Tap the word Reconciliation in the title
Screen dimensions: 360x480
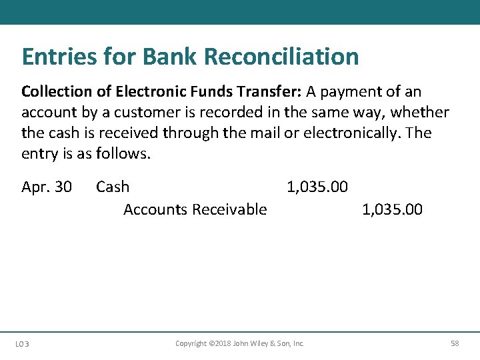click(x=281, y=57)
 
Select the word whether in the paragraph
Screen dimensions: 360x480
click(x=419, y=112)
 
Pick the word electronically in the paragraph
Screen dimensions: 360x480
click(x=351, y=133)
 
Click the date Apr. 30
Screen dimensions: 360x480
click(x=47, y=187)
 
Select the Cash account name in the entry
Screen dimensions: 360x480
click(x=113, y=187)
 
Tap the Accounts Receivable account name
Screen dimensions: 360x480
click(x=195, y=209)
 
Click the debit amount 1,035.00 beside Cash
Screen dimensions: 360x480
click(x=317, y=187)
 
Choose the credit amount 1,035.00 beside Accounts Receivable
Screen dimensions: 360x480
click(x=392, y=209)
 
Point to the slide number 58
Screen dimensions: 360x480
click(x=455, y=343)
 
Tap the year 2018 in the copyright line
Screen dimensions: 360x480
click(x=221, y=343)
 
